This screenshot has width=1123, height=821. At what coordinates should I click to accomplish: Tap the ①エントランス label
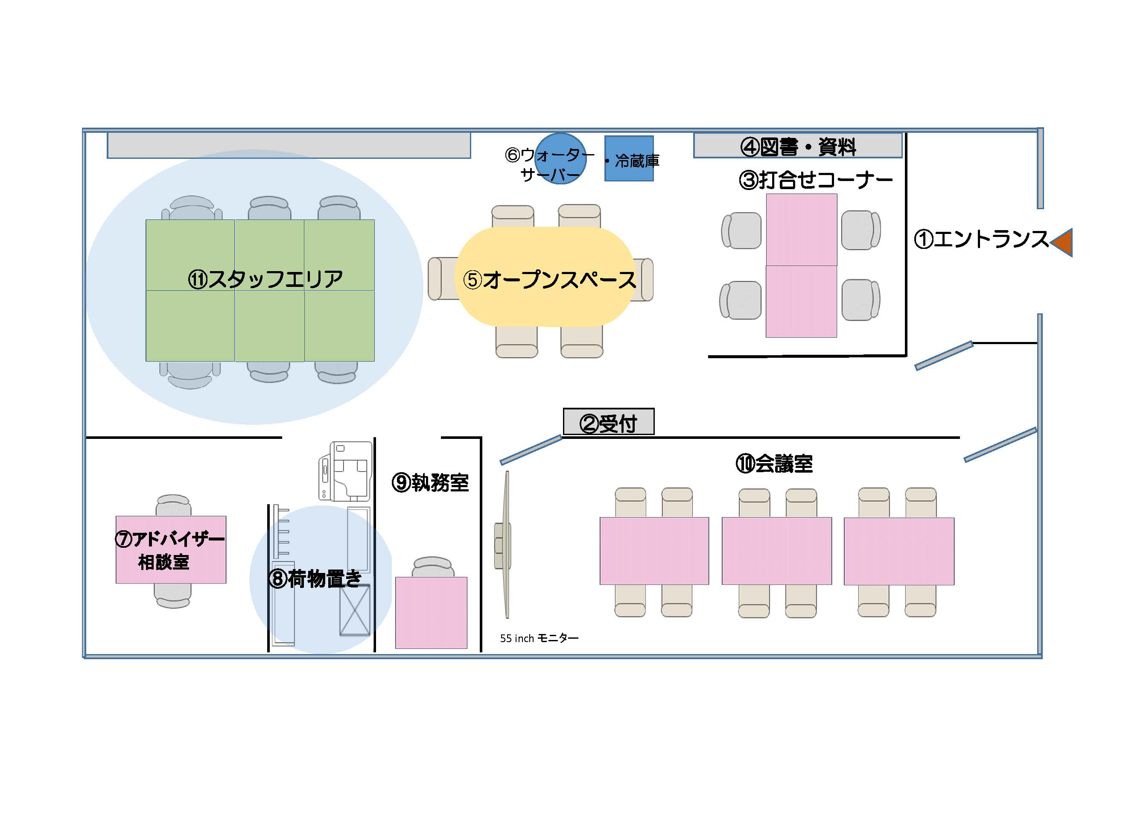tap(981, 239)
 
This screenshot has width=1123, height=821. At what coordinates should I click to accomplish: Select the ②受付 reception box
tap(608, 422)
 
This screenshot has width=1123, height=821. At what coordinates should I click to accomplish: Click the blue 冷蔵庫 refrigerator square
tap(629, 158)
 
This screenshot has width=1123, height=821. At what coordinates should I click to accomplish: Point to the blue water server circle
tap(561, 158)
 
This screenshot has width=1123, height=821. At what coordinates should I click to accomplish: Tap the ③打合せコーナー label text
tap(815, 180)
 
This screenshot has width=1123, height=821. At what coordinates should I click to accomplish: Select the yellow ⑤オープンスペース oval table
tap(545, 277)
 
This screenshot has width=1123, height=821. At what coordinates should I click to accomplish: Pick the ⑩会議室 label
tap(774, 464)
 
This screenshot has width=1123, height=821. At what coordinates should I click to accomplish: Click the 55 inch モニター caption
tap(539, 638)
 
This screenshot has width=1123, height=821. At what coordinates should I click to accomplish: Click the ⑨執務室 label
tap(430, 482)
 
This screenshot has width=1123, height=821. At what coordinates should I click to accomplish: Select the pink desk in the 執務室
tap(431, 613)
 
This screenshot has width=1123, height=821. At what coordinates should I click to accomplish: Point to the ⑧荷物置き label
tap(315, 579)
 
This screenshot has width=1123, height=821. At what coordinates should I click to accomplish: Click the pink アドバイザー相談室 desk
tap(171, 549)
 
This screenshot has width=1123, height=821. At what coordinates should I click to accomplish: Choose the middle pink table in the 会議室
tap(777, 551)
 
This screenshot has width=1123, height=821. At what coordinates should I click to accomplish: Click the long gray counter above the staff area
tap(289, 146)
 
